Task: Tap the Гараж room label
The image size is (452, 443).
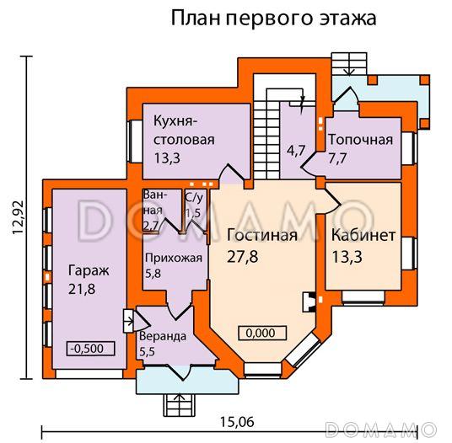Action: (83, 271)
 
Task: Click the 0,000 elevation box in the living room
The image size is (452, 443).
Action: (261, 333)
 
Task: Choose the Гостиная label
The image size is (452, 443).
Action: (261, 235)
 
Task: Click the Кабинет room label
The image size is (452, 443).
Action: (363, 236)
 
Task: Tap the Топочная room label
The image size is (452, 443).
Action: (361, 139)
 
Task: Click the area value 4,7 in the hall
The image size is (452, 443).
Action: (296, 152)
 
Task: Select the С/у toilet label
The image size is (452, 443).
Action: (194, 198)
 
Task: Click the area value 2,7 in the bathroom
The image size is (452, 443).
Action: (152, 226)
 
